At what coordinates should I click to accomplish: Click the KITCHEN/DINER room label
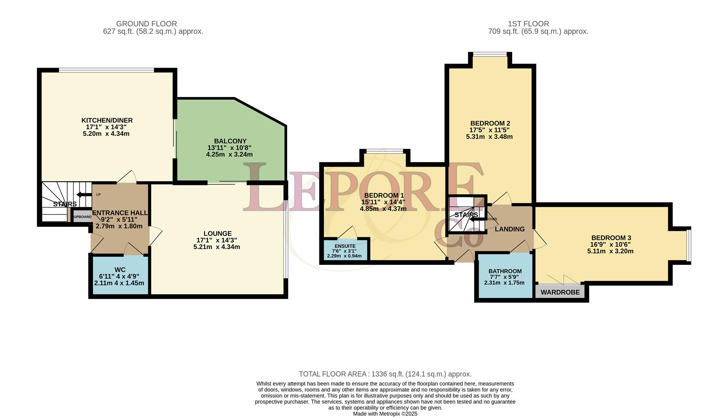click(107, 120)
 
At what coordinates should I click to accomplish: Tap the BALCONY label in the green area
click(230, 141)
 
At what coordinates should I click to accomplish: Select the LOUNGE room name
click(217, 234)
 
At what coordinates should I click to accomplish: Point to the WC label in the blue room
click(120, 270)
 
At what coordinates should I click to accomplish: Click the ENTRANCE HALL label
click(120, 213)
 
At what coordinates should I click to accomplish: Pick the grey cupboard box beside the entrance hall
click(82, 217)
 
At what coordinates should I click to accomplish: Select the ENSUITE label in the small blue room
click(345, 246)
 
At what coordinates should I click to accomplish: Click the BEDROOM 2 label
click(490, 124)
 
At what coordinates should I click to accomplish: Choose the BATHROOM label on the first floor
click(505, 271)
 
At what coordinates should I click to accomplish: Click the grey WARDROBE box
click(560, 292)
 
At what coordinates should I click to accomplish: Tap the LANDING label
click(510, 229)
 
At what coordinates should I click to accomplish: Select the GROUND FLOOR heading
click(147, 24)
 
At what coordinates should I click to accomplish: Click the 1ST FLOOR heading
click(528, 24)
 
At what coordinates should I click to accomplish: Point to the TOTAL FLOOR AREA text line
click(385, 374)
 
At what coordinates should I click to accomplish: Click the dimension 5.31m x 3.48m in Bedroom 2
click(489, 137)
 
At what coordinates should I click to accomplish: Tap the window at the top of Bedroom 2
click(490, 54)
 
